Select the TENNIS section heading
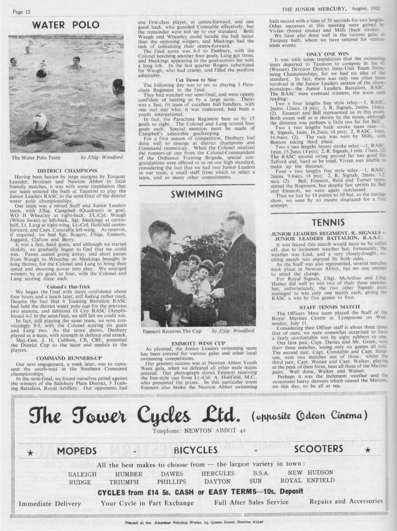point(328,223)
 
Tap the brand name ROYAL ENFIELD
point(307,480)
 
